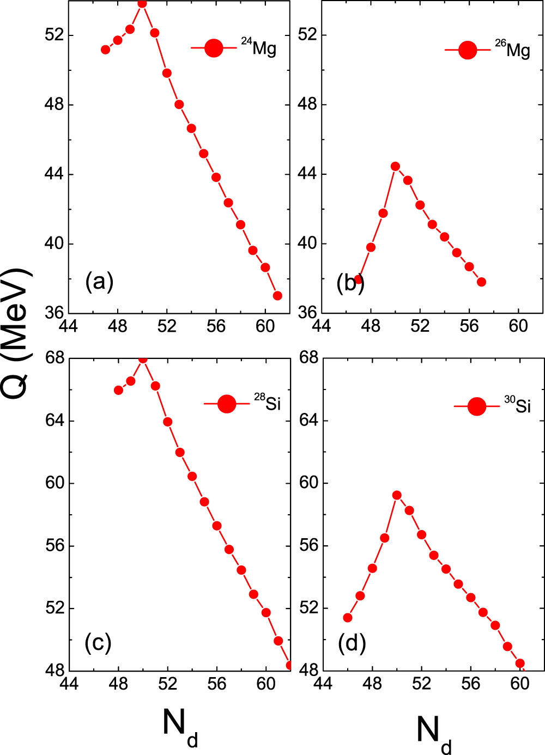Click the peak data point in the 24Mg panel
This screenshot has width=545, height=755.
[142, 4]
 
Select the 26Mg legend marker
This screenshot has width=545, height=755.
[468, 50]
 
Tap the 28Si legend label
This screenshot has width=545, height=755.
[267, 403]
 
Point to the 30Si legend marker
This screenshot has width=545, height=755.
[477, 406]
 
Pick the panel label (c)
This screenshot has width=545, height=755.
[98, 643]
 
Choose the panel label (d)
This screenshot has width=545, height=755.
[352, 643]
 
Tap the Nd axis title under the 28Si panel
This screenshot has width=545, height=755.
[180, 728]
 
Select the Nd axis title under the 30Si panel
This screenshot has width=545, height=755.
[434, 733]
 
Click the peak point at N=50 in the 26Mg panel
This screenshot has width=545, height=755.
[395, 166]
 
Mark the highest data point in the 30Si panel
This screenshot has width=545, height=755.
[397, 495]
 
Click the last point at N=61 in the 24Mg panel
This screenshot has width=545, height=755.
[277, 296]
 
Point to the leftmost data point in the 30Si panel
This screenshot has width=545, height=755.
[347, 618]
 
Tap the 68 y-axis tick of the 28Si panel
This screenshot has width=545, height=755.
[55, 358]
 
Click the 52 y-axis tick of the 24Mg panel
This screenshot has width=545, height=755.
[55, 35]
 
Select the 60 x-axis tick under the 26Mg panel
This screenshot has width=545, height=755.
[518, 326]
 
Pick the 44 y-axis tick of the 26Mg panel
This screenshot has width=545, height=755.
[308, 174]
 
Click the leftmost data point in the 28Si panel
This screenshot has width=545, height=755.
[118, 390]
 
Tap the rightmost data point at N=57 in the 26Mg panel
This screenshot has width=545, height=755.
[481, 282]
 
